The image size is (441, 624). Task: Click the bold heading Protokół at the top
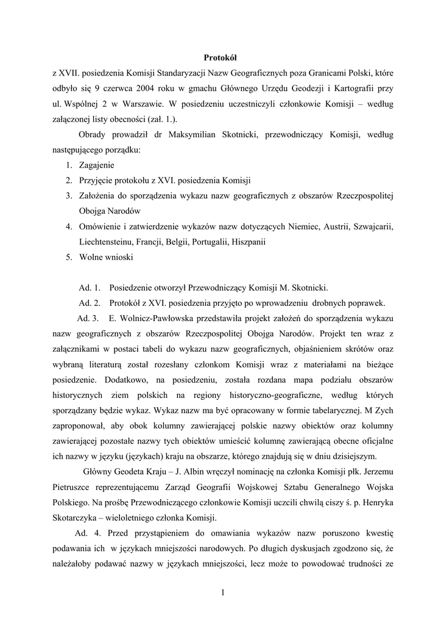tap(220, 58)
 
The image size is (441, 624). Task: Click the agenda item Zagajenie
tap(96, 165)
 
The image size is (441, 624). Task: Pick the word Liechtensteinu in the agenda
tap(106, 241)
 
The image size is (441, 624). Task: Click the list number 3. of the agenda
tap(69, 196)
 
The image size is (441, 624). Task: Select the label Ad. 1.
tap(89, 288)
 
